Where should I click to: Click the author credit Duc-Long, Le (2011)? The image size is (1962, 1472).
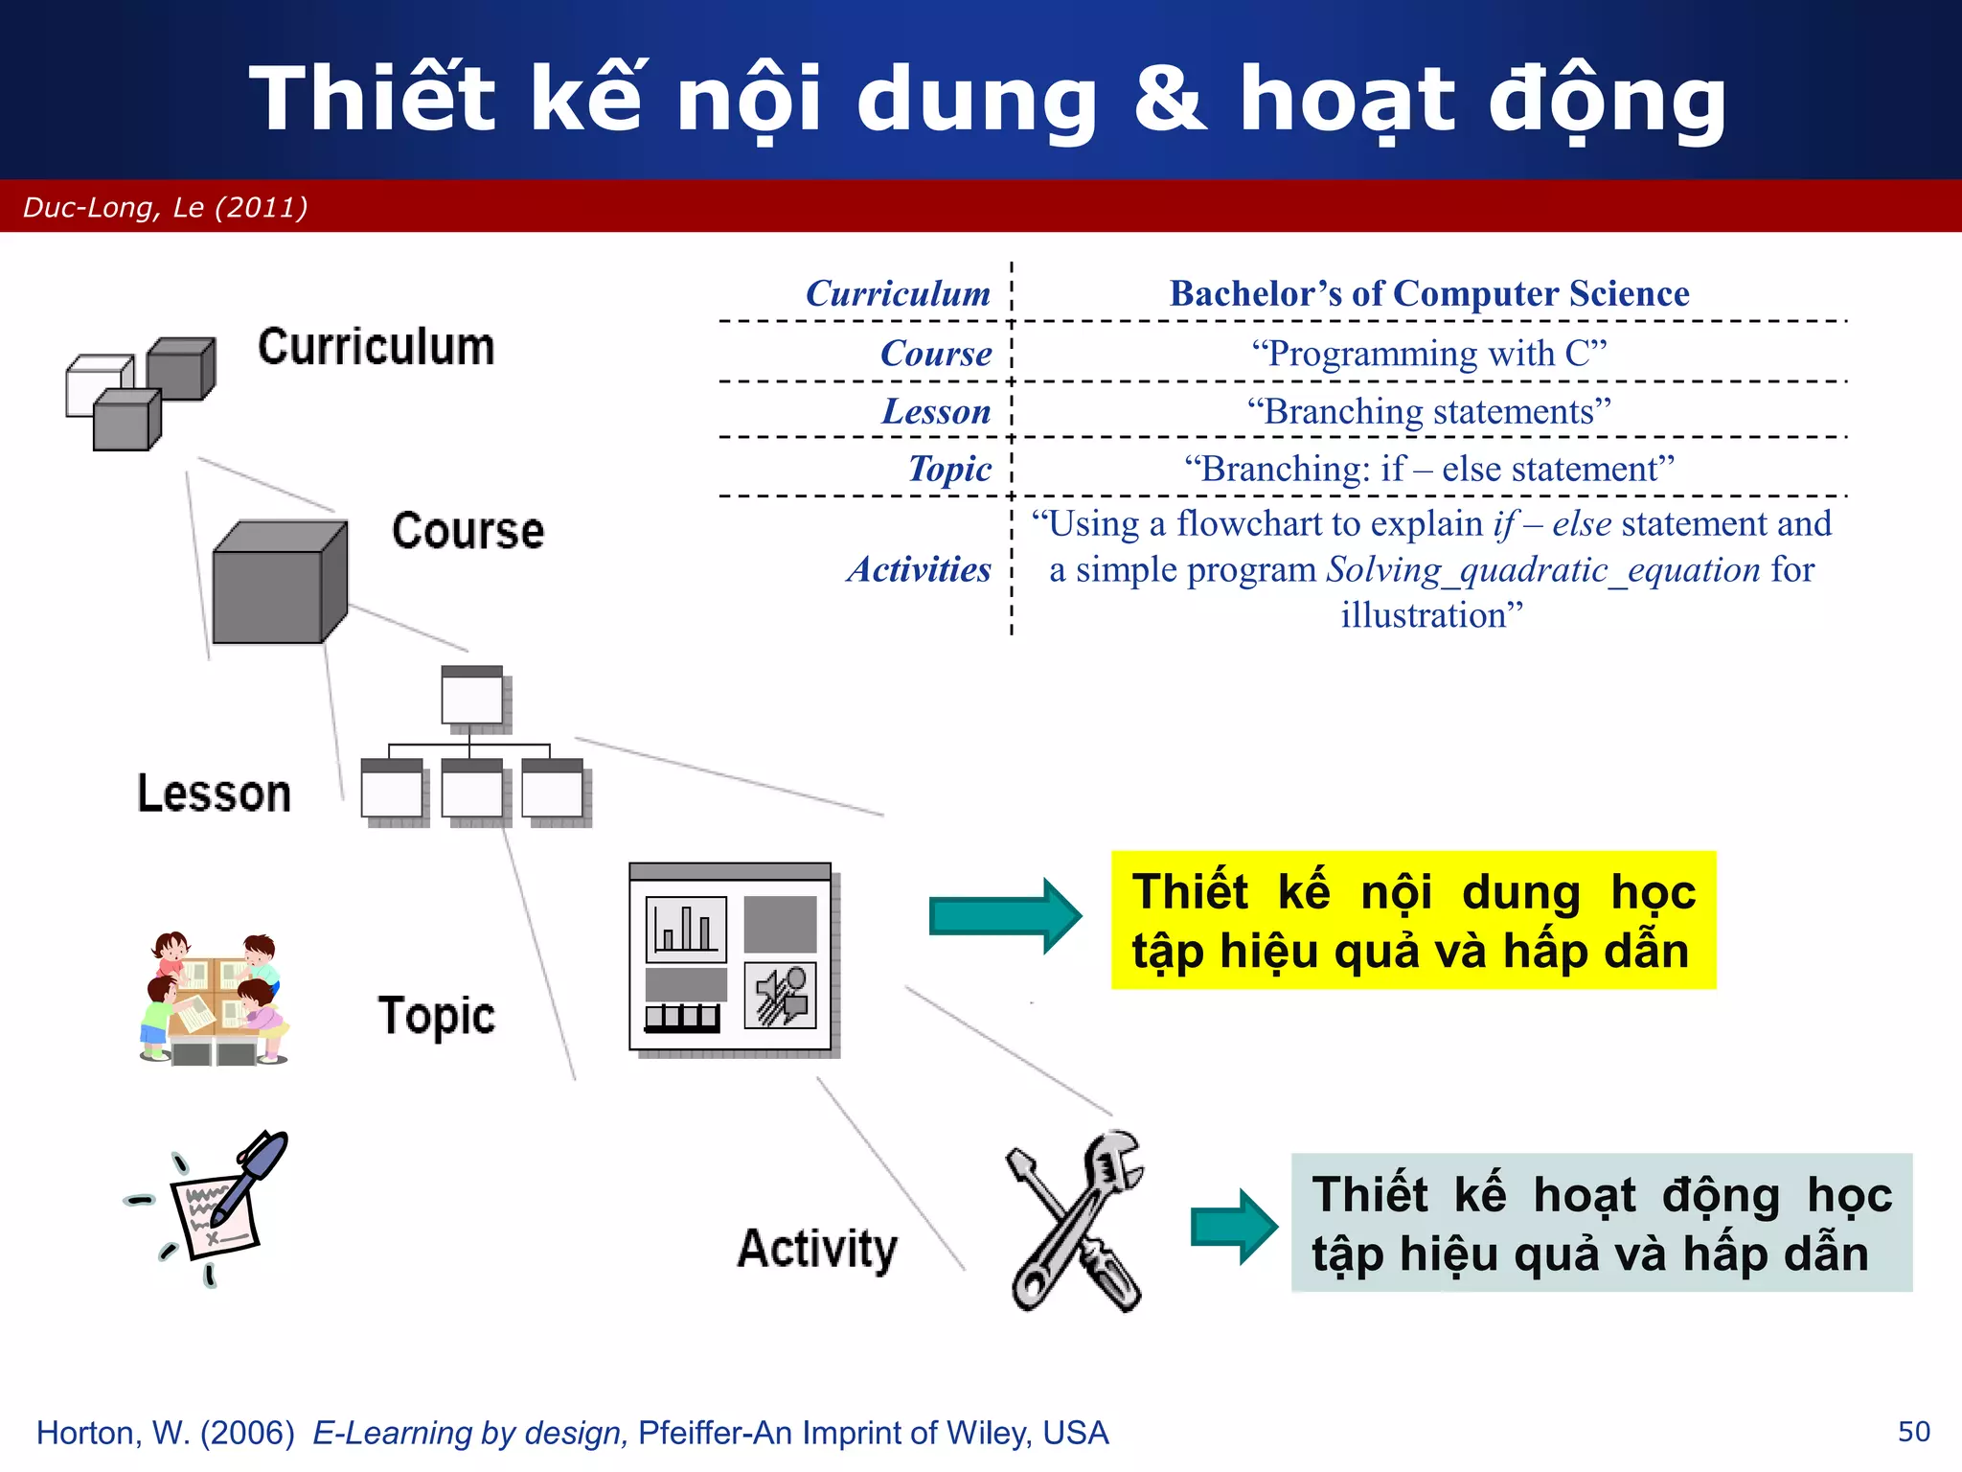click(x=165, y=207)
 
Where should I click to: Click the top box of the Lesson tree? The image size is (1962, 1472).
click(x=472, y=697)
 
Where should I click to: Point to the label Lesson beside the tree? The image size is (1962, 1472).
click(x=214, y=793)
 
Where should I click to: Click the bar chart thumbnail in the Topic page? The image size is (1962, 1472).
click(x=686, y=929)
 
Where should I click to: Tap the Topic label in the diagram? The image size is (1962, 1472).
click(x=436, y=1016)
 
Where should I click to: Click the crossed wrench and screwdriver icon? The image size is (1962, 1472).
click(x=1076, y=1222)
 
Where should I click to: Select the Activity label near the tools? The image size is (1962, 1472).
click(x=817, y=1249)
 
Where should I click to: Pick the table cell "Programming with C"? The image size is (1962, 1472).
click(x=1428, y=354)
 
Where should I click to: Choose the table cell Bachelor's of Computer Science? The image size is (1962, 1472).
click(x=1428, y=293)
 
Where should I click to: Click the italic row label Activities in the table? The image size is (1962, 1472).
click(x=919, y=569)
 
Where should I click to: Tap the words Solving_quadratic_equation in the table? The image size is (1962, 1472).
click(x=1542, y=570)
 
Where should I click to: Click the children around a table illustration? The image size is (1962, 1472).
click(x=213, y=998)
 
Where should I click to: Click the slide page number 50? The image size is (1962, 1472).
click(x=1913, y=1432)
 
